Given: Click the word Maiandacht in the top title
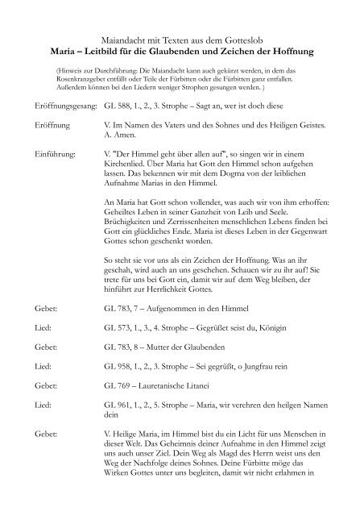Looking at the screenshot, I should click(131, 38).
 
